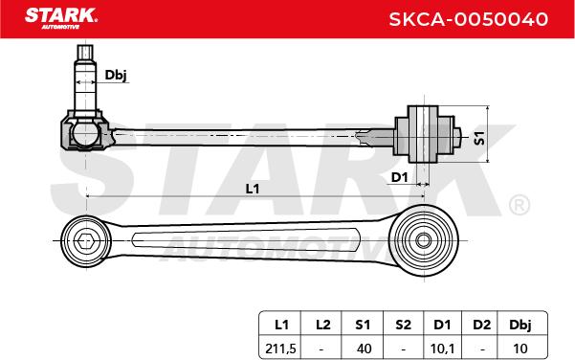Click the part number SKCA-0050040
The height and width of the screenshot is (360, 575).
468,19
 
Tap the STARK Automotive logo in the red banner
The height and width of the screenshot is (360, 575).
60,18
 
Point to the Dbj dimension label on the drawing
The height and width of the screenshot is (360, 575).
116,75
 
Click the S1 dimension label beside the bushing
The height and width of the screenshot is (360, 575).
479,138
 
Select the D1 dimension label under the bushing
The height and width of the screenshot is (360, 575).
399,178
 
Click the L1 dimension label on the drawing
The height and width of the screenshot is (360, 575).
253,189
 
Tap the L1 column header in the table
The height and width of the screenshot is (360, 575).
281,325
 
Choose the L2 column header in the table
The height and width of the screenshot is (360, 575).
323,325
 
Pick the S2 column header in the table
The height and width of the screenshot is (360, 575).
403,325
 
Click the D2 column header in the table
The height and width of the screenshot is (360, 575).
481,325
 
